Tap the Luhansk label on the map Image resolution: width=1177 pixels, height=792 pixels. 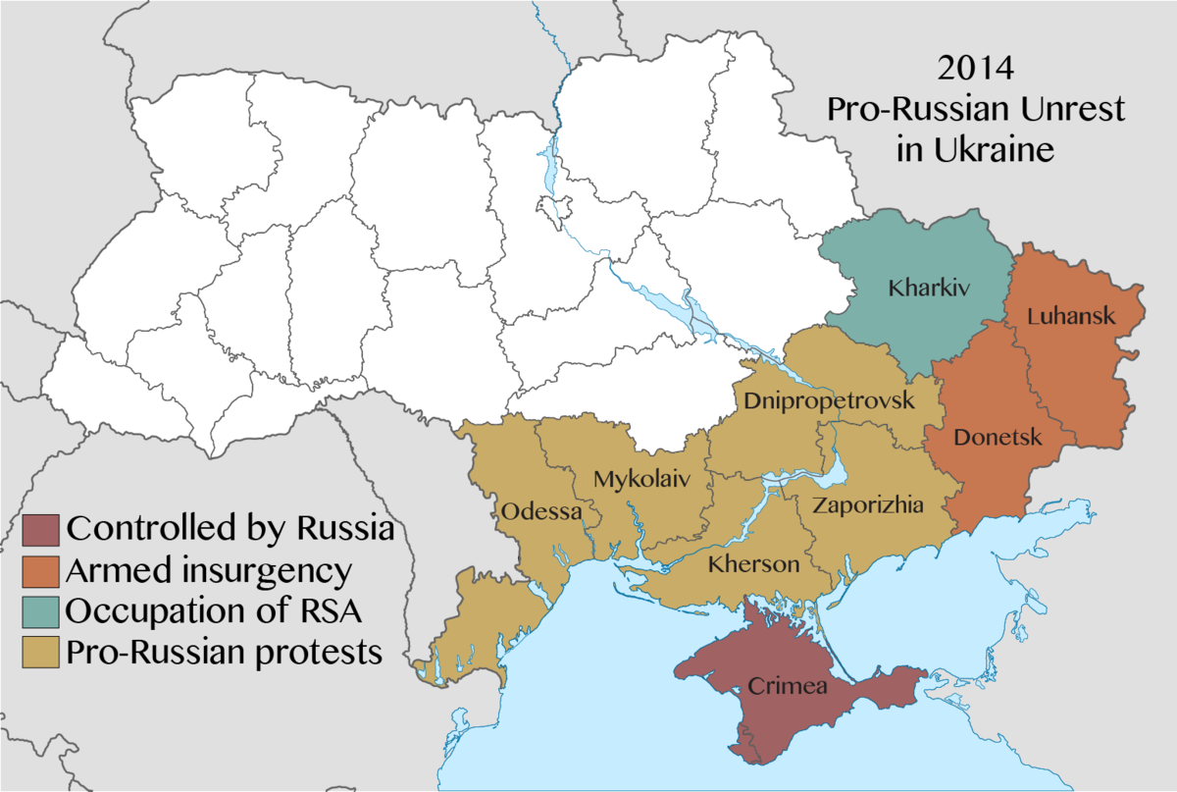pos(1072,316)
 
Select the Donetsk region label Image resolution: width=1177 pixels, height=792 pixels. pos(998,437)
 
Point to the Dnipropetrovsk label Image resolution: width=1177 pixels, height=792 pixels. pos(829,400)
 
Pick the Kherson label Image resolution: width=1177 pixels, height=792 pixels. pos(753,565)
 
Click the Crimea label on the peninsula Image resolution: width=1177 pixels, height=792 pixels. pos(788,686)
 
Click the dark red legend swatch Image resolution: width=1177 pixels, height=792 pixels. pos(39,529)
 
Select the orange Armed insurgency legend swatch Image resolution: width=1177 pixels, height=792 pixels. pos(39,570)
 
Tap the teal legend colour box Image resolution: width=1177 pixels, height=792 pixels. pos(39,610)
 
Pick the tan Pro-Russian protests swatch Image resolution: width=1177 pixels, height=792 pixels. pos(39,651)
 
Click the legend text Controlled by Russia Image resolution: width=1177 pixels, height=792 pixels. pos(230,529)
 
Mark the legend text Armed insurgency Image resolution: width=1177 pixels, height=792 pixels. pos(208,570)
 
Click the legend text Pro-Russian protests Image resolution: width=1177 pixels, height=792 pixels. pos(224,651)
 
